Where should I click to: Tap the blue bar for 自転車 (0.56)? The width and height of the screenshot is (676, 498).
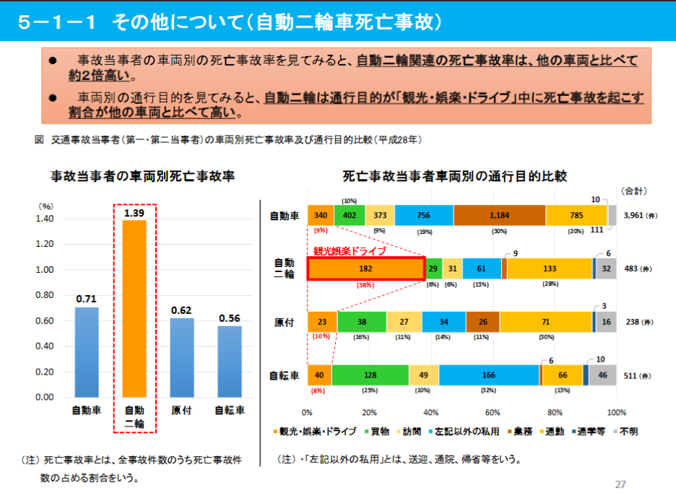(229, 362)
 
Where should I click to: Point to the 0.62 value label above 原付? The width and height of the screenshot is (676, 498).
(182, 310)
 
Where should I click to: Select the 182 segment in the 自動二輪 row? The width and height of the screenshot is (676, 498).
(365, 268)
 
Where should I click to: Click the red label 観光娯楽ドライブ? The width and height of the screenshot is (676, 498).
(350, 251)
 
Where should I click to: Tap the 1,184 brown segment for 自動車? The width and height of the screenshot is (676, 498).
(499, 215)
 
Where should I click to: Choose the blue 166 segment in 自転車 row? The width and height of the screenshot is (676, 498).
(488, 375)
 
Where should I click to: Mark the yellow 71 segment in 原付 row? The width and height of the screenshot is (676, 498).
(545, 321)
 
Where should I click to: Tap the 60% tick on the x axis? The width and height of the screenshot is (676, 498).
(493, 413)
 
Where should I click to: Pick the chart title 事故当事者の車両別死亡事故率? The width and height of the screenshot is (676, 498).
(142, 175)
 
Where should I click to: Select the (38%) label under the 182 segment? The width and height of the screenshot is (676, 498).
(365, 284)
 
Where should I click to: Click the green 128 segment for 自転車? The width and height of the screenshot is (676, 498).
(370, 375)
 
